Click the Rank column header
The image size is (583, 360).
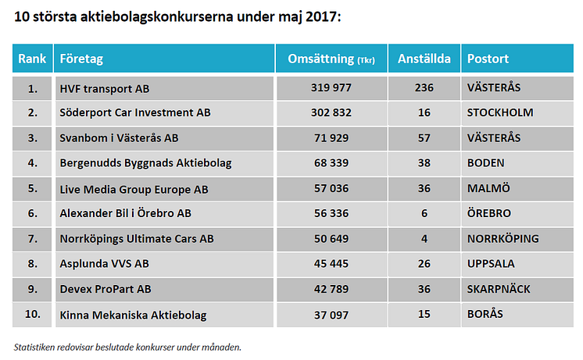click(x=32, y=59)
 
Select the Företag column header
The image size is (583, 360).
click(x=81, y=59)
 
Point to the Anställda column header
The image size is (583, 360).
click(x=424, y=59)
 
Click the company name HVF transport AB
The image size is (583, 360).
click(x=104, y=87)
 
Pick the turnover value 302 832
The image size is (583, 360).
click(x=331, y=112)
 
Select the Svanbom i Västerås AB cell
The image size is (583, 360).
click(x=119, y=138)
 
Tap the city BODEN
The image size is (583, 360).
click(x=485, y=163)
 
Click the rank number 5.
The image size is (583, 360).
click(x=32, y=188)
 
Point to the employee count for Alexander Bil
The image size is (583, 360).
click(x=424, y=213)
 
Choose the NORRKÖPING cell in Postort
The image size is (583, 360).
click(x=503, y=238)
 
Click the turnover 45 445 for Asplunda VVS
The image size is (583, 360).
click(x=331, y=263)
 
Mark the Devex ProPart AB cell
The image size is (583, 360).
click(x=106, y=289)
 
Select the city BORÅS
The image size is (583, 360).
click(x=485, y=314)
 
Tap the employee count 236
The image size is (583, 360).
click(x=424, y=87)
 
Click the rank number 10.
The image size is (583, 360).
click(x=32, y=314)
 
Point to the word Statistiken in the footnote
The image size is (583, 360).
click(x=37, y=346)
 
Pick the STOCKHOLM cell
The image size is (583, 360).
click(x=500, y=112)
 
